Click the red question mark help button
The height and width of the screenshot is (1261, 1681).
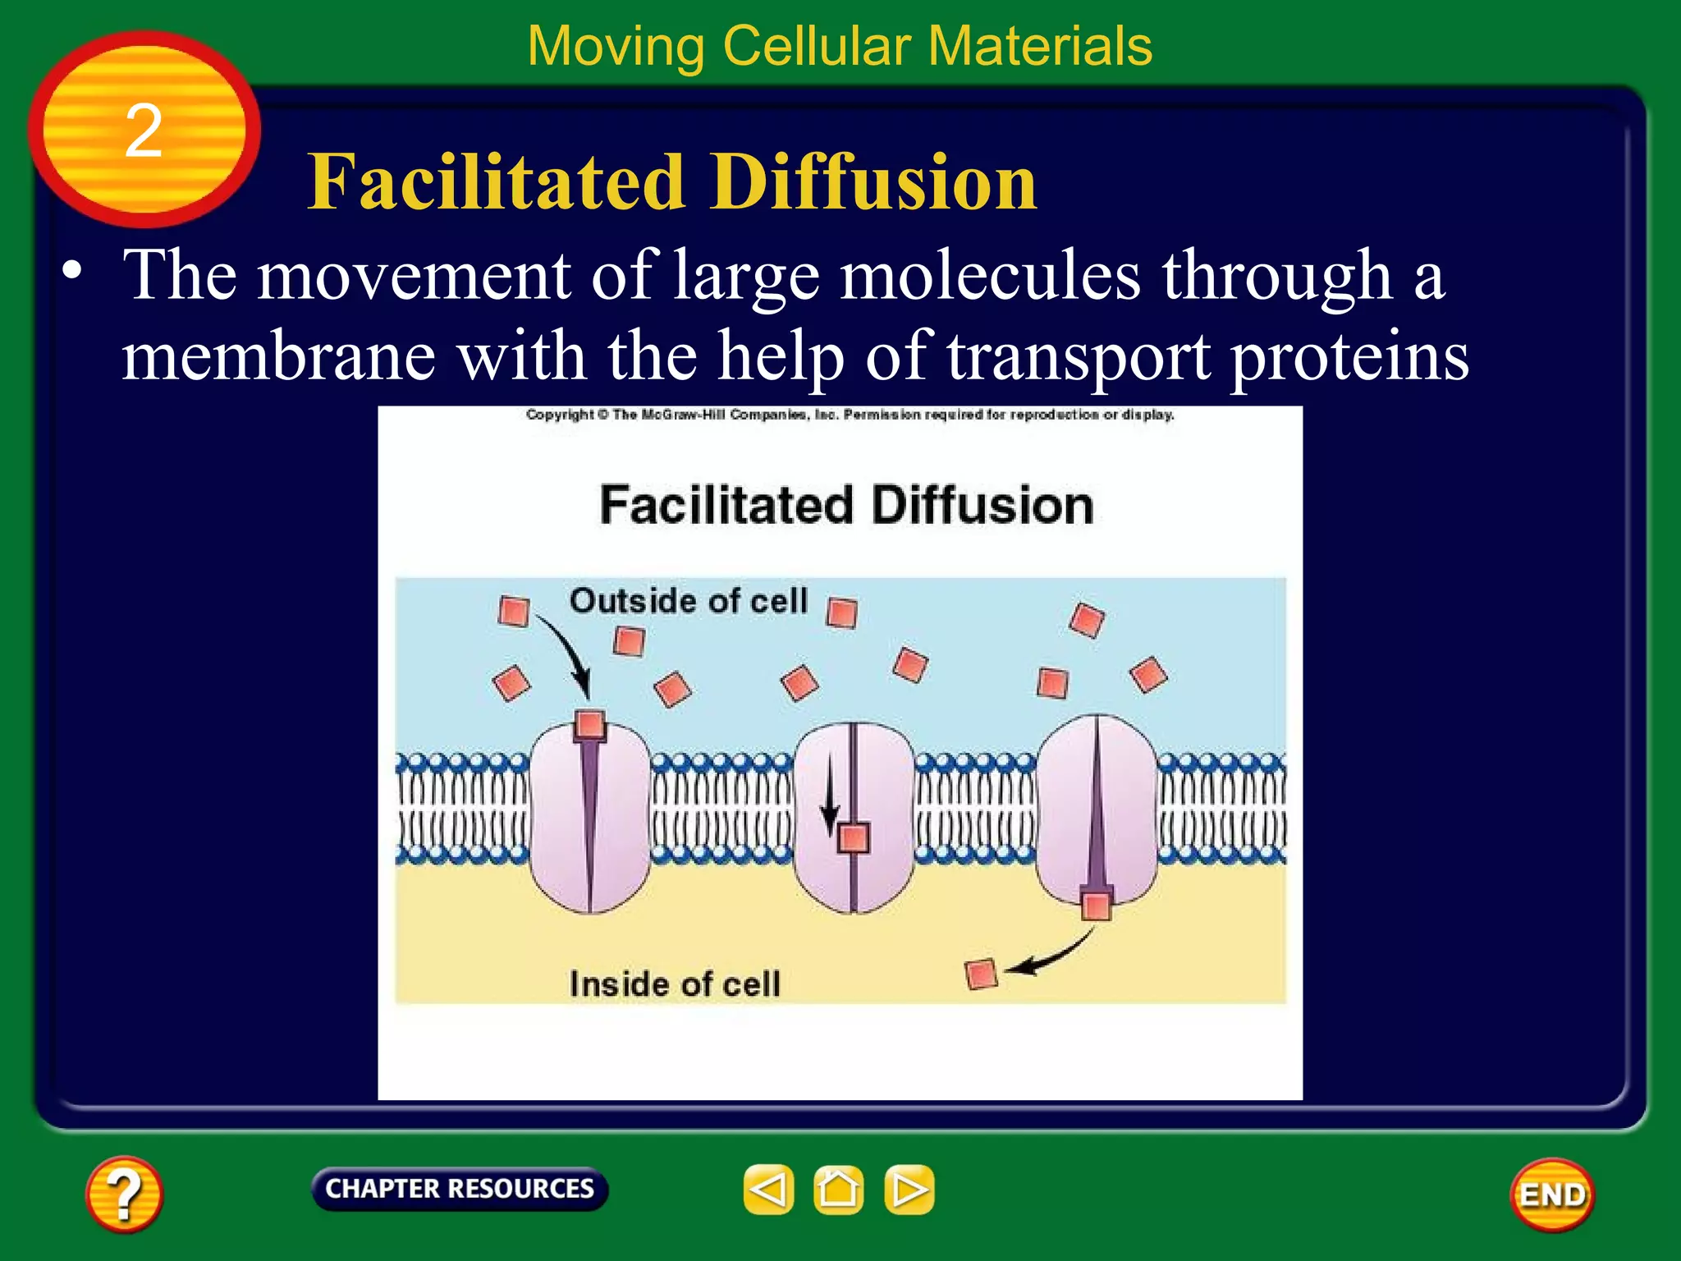click(x=124, y=1194)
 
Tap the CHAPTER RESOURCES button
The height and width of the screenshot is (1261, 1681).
click(x=460, y=1189)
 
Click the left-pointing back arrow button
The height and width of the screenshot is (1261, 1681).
click(x=768, y=1190)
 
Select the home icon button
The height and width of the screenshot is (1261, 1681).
click(x=838, y=1190)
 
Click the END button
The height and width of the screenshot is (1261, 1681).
click(x=1552, y=1195)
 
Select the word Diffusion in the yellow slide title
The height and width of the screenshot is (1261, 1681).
click(x=873, y=182)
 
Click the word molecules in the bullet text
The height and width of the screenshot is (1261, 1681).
click(x=990, y=276)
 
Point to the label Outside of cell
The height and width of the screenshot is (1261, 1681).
click(x=689, y=601)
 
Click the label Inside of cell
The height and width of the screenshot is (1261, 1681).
click(x=675, y=984)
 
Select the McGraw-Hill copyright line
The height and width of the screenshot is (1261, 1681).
click(x=850, y=415)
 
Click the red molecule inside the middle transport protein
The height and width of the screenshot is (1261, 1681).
click(x=854, y=838)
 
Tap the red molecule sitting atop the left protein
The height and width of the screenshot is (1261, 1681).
click(x=589, y=725)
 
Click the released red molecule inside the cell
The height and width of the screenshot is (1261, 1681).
click(x=981, y=974)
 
